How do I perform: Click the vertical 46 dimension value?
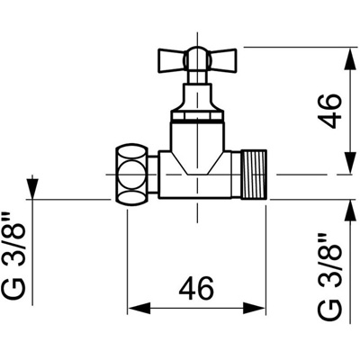[331, 112]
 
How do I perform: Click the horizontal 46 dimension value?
[196, 288]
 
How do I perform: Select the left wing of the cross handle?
[171, 60]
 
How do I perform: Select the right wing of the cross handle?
[222, 60]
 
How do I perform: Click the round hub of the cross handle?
[197, 58]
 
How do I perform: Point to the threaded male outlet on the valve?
[254, 175]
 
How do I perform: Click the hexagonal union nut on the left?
[132, 175]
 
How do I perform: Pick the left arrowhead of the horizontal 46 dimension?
[139, 308]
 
